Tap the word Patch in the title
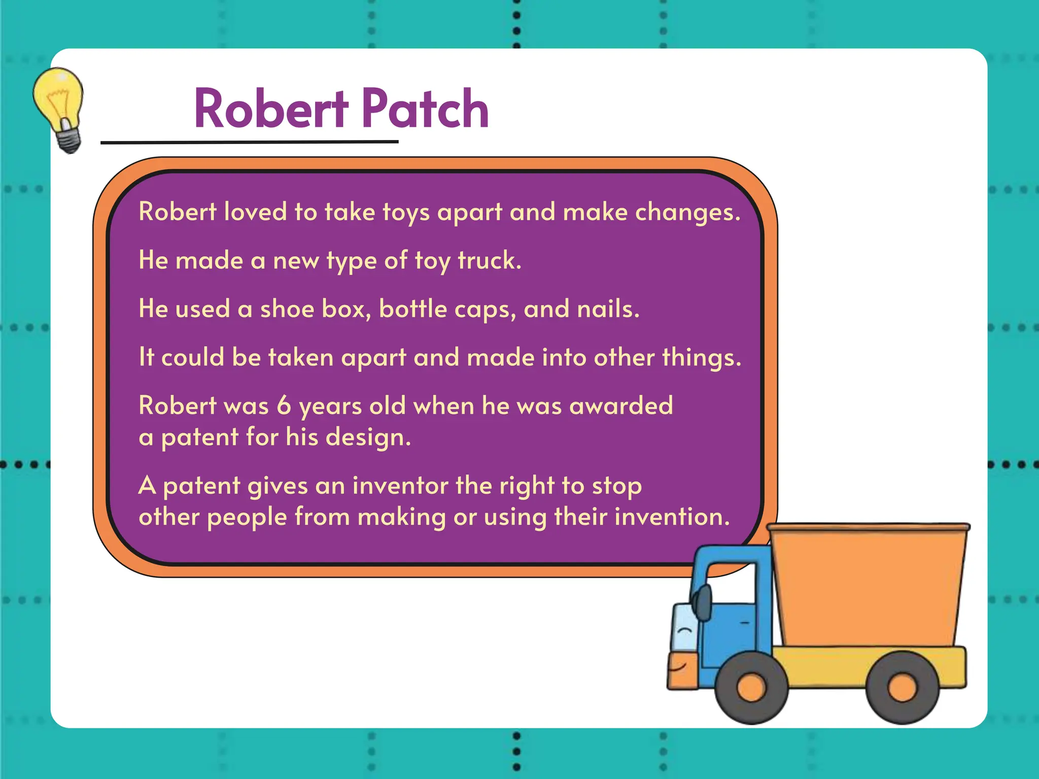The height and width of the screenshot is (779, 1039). (425, 109)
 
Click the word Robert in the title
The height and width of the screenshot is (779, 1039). (271, 109)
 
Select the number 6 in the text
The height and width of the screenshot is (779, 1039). (284, 406)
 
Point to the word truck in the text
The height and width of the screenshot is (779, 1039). (489, 261)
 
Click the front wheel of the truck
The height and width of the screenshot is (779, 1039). (751, 688)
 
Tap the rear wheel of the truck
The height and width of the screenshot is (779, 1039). (902, 688)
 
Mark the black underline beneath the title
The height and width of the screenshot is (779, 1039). (249, 143)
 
